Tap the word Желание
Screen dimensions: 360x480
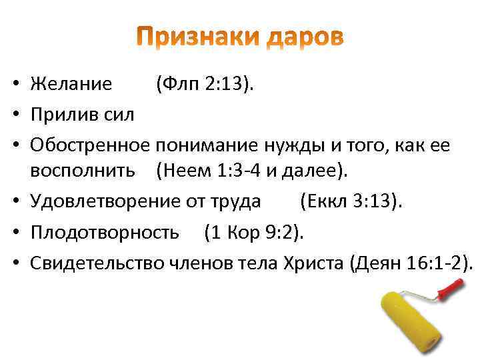tap(71, 85)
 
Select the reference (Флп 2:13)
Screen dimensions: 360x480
tap(205, 85)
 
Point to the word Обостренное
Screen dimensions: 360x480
tap(91, 145)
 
